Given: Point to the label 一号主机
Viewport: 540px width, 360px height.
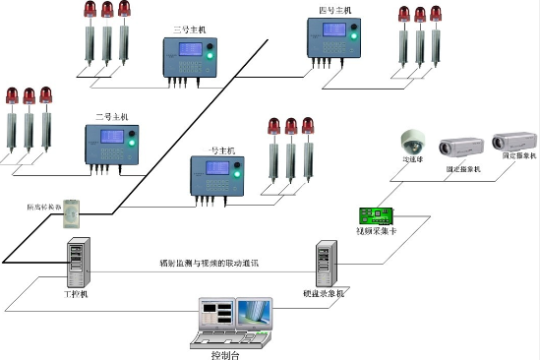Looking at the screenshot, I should (222, 150).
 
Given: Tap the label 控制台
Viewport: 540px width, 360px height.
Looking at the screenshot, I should (224, 354).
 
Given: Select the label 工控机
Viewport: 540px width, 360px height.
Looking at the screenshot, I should (76, 293).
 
